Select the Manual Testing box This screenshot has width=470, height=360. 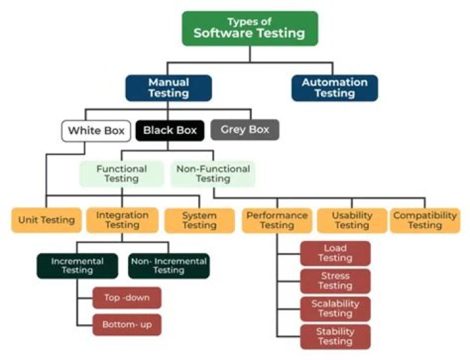168,88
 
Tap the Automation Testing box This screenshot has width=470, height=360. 334,88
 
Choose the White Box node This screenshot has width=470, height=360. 96,131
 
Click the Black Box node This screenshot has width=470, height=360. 170,131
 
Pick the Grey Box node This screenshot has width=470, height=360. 245,130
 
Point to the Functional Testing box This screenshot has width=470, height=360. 121,174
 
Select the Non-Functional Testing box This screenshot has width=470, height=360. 213,174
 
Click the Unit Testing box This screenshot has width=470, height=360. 46,220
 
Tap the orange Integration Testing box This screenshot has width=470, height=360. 122,220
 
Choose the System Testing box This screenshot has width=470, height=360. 199,220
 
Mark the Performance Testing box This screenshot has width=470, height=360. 277,220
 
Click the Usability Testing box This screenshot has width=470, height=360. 352,220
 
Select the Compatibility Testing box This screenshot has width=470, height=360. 425,220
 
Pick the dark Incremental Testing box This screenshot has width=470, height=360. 77,266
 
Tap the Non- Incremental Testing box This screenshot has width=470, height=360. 168,266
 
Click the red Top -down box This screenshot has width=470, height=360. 127,298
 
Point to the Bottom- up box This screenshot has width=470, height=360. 127,324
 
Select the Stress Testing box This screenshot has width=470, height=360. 335,281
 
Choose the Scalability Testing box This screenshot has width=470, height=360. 335,309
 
